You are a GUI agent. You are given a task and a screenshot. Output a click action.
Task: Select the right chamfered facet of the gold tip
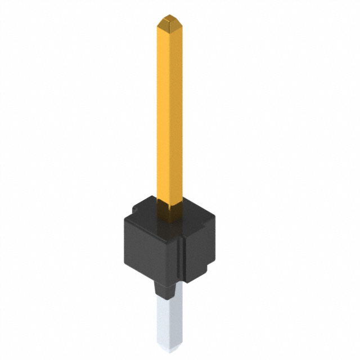point(175,24)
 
